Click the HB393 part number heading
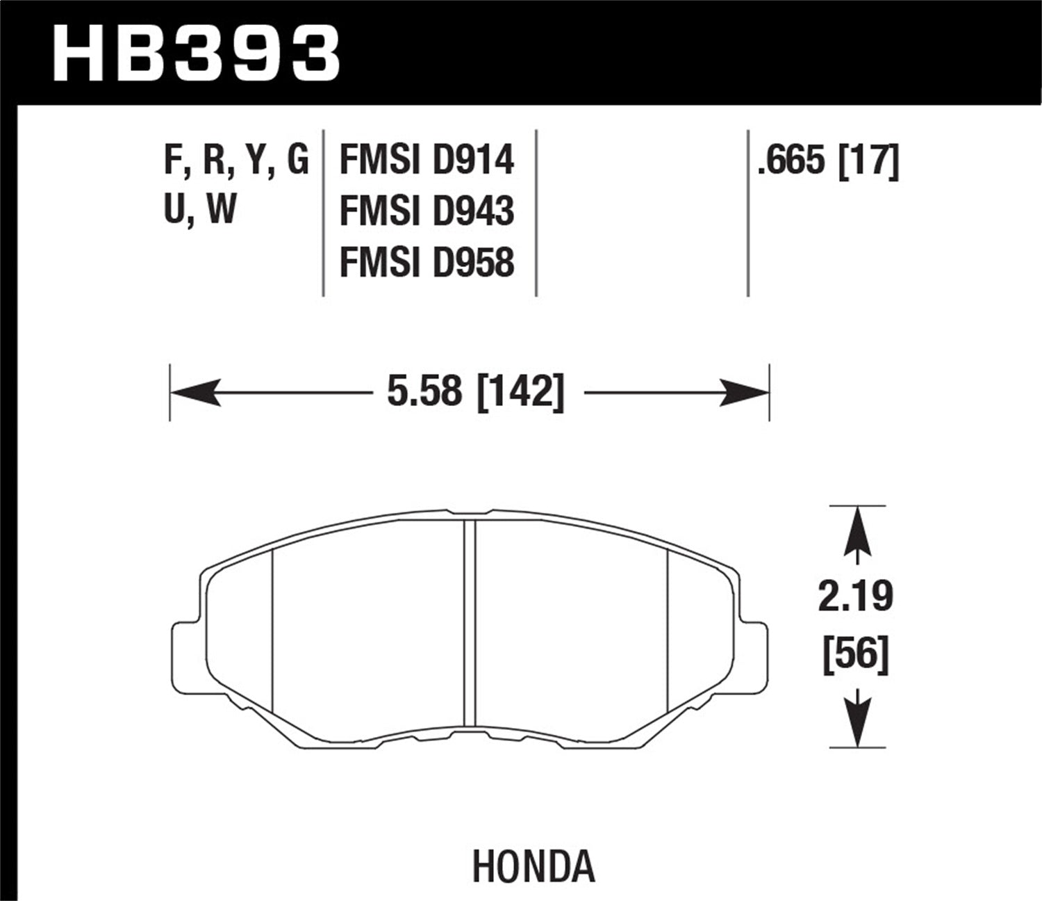(196, 53)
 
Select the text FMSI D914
(427, 161)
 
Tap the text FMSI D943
(427, 211)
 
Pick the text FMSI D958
(427, 263)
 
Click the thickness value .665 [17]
(828, 161)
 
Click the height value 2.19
(856, 597)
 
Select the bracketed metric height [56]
(856, 654)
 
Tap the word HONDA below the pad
(534, 866)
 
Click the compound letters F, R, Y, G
(235, 161)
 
